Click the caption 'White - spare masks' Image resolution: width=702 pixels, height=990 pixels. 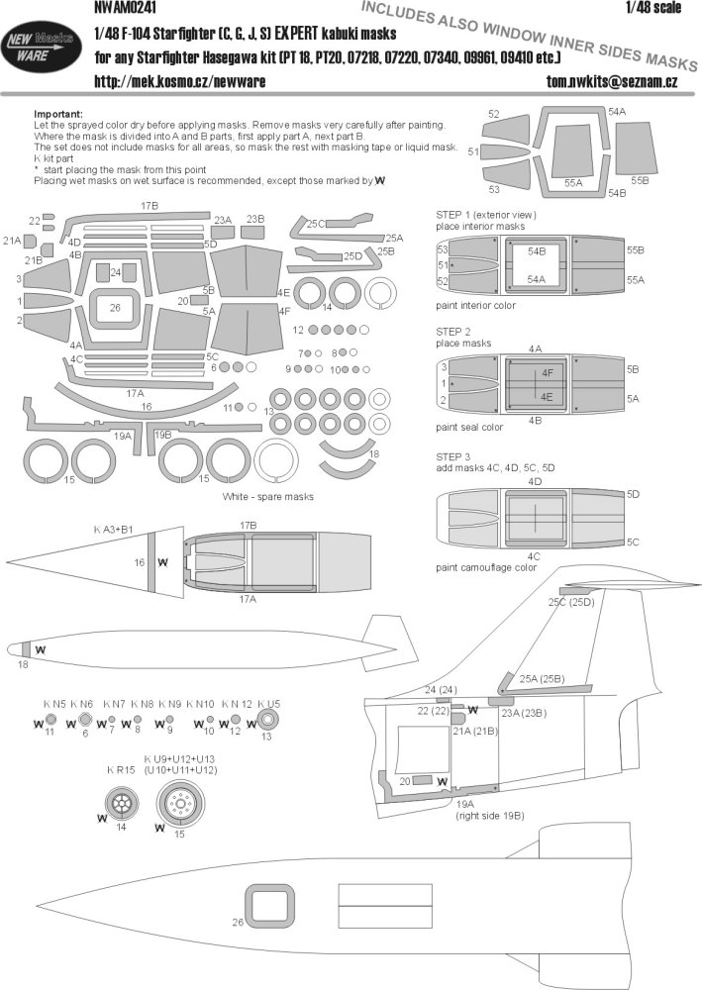tap(267, 495)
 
